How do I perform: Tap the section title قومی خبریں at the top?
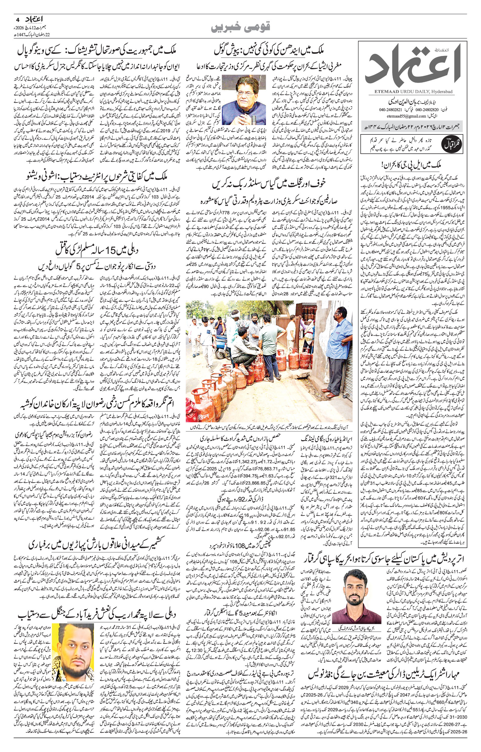coord(240,28)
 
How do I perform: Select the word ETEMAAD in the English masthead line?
coord(382,91)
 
